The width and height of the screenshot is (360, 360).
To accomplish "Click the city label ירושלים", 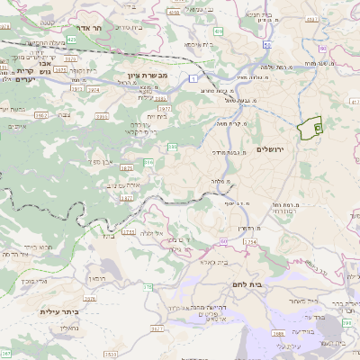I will pyautogui.click(x=270, y=148).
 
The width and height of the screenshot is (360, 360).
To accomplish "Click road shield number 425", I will pyautogui.click(x=70, y=40).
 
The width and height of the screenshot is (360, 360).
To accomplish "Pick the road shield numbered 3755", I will pyautogui.click(x=129, y=231).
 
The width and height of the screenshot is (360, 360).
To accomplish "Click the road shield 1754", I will pyautogui.click(x=250, y=241).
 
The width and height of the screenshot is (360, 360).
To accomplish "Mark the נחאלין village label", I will pyautogui.click(x=80, y=328).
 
